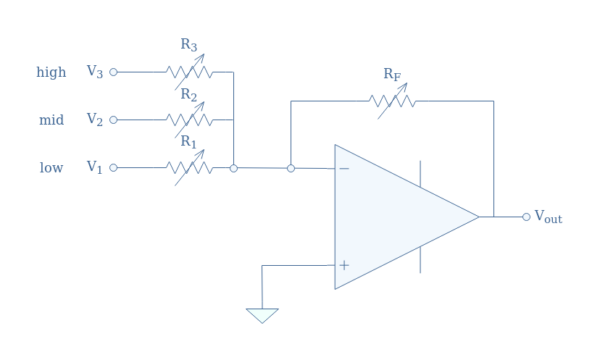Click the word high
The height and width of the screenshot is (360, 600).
coord(51,73)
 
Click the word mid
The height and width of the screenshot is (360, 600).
coord(51,121)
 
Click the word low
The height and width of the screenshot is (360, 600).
coord(51,168)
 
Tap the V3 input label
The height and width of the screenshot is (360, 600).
coord(94,72)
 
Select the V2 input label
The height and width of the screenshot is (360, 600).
coord(94,120)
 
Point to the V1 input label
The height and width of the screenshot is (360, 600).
coord(94,168)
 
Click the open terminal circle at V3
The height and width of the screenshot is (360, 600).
coord(113,72)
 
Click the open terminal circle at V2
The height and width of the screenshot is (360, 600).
coord(113,120)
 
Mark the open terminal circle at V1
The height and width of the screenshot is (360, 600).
coord(113,168)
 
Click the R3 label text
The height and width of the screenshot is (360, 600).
coord(188,45)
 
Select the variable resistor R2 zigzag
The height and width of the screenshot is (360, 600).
coord(189,120)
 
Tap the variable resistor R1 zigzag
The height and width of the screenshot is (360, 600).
coord(189,168)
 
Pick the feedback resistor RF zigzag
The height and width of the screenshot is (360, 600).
coord(392,101)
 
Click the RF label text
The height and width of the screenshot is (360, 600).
coord(391,75)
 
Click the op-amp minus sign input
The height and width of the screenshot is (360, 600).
coord(344,169)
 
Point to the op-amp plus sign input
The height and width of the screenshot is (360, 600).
coord(344,265)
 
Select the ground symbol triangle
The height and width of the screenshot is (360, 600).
coord(262,315)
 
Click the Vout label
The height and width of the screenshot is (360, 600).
coord(548,217)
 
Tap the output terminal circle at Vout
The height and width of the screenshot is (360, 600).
coord(526,217)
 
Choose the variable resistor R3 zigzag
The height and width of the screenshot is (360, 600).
coord(189,72)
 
